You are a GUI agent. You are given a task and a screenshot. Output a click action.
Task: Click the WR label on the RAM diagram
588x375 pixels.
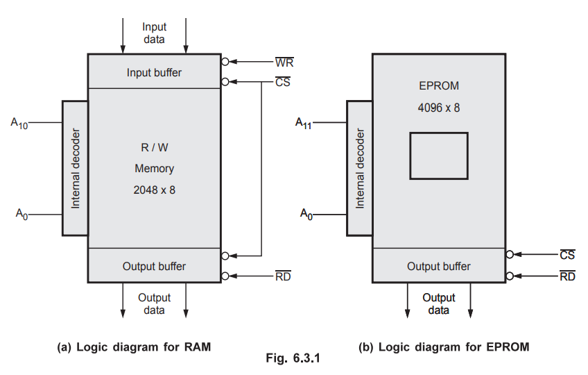(284, 62)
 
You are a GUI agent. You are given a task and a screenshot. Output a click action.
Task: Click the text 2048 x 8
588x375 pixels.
(154, 189)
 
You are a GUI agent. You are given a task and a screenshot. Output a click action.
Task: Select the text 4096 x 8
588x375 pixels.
(439, 108)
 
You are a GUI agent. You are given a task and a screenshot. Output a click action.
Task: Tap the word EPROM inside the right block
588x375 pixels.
(439, 86)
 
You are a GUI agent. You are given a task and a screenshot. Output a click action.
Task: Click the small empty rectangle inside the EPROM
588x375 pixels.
(438, 156)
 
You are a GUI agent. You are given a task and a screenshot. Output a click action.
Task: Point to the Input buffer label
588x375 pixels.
(154, 72)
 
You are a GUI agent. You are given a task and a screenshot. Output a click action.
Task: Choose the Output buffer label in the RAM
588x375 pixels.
(154, 266)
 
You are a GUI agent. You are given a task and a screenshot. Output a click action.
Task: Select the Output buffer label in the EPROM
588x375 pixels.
(438, 266)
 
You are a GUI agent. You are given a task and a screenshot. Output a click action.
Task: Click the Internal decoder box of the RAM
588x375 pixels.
(75, 167)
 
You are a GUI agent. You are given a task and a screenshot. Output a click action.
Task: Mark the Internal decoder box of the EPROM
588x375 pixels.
(359, 167)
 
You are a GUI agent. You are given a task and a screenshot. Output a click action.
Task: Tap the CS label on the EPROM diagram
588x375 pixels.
(567, 255)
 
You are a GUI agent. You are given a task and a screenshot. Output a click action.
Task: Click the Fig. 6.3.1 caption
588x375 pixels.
(293, 359)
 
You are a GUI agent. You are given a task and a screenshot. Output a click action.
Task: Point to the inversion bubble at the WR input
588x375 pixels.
(225, 62)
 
